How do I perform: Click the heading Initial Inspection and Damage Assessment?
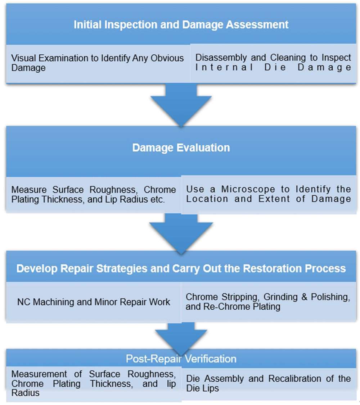181,25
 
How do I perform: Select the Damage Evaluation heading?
181,148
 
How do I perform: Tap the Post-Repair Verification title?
181,359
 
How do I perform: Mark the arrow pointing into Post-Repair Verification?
181,337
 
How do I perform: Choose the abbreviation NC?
23,302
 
